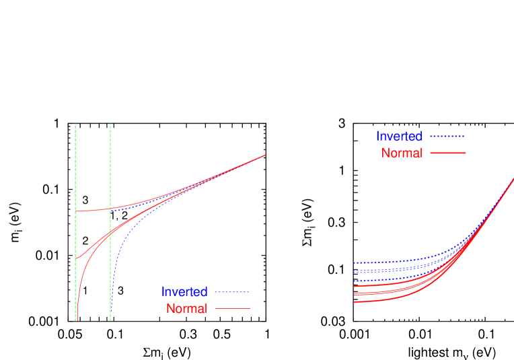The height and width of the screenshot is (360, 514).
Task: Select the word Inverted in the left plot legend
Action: pos(184,292)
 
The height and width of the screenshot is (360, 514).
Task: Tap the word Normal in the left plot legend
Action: pos(186,309)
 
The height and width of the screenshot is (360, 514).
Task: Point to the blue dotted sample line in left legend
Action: pos(232,293)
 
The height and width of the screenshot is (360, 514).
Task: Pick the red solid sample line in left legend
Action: pos(232,309)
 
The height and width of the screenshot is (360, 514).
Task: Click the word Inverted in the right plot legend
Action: pos(399,137)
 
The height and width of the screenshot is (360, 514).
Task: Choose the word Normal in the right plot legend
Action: pos(402,153)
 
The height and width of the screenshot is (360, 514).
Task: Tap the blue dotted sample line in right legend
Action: pos(447,137)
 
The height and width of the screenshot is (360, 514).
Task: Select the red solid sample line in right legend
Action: pos(447,153)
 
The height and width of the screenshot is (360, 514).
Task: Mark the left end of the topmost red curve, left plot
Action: pos(77,211)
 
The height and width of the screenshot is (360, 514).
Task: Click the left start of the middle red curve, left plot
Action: pos(77,258)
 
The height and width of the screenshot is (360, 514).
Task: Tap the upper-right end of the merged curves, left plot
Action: pos(265,155)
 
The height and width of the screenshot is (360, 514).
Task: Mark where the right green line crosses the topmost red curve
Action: pos(110,208)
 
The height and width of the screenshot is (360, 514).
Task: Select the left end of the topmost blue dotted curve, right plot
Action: pos(354,262)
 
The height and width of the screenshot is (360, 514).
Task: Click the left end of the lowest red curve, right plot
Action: pos(354,301)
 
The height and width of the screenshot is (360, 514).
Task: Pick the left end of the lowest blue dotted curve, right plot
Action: pos(354,281)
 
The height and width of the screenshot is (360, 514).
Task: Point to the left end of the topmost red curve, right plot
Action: pos(354,286)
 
